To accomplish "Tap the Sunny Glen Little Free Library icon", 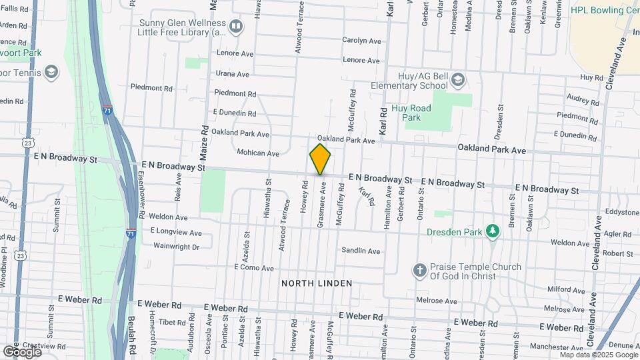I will pos(235,26).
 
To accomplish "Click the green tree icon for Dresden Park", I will pos(493,231).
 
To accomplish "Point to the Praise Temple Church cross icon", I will pos(419,271).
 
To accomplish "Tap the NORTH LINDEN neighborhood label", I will pos(316,283).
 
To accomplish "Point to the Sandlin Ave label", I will pos(361,251).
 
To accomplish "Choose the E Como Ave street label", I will pos(253,267).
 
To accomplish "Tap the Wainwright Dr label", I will pos(177,247).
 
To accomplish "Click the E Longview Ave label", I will pos(176,232).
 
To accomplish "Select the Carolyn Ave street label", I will pos(361,41).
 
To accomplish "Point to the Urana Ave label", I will pos(232,74).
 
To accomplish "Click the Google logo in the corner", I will pos(22,351).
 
